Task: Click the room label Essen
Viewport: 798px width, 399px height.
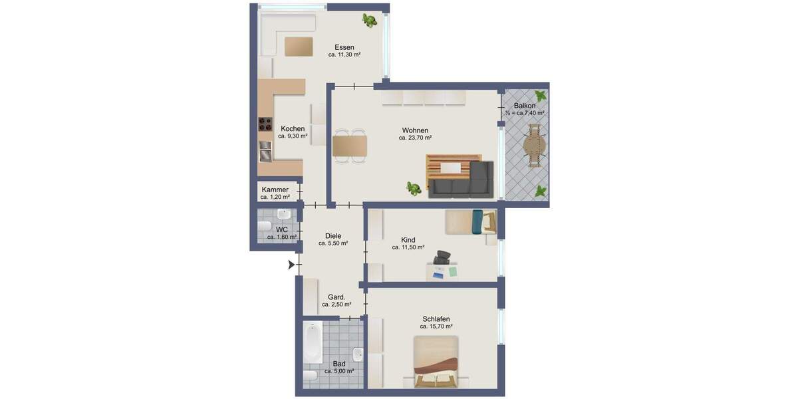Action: click(344, 47)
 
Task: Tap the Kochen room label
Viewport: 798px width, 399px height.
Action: click(293, 128)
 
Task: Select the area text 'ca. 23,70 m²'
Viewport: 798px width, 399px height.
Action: click(415, 138)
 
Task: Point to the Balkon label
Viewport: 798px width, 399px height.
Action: click(525, 106)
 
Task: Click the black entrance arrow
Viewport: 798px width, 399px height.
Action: click(291, 265)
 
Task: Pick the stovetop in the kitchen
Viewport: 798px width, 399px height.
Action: click(265, 124)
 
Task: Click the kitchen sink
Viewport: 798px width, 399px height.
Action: click(265, 151)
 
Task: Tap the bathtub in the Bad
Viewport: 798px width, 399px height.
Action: click(313, 342)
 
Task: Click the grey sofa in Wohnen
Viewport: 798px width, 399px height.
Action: click(462, 180)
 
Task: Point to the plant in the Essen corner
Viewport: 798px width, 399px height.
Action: click(369, 21)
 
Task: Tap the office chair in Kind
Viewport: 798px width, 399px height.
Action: click(442, 257)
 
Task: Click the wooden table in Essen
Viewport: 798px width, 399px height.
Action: click(299, 47)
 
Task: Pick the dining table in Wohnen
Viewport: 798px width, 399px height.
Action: click(350, 146)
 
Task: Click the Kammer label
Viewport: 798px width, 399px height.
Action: click(275, 190)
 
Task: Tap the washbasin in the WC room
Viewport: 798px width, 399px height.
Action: click(284, 215)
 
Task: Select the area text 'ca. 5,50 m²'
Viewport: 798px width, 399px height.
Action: click(333, 243)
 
